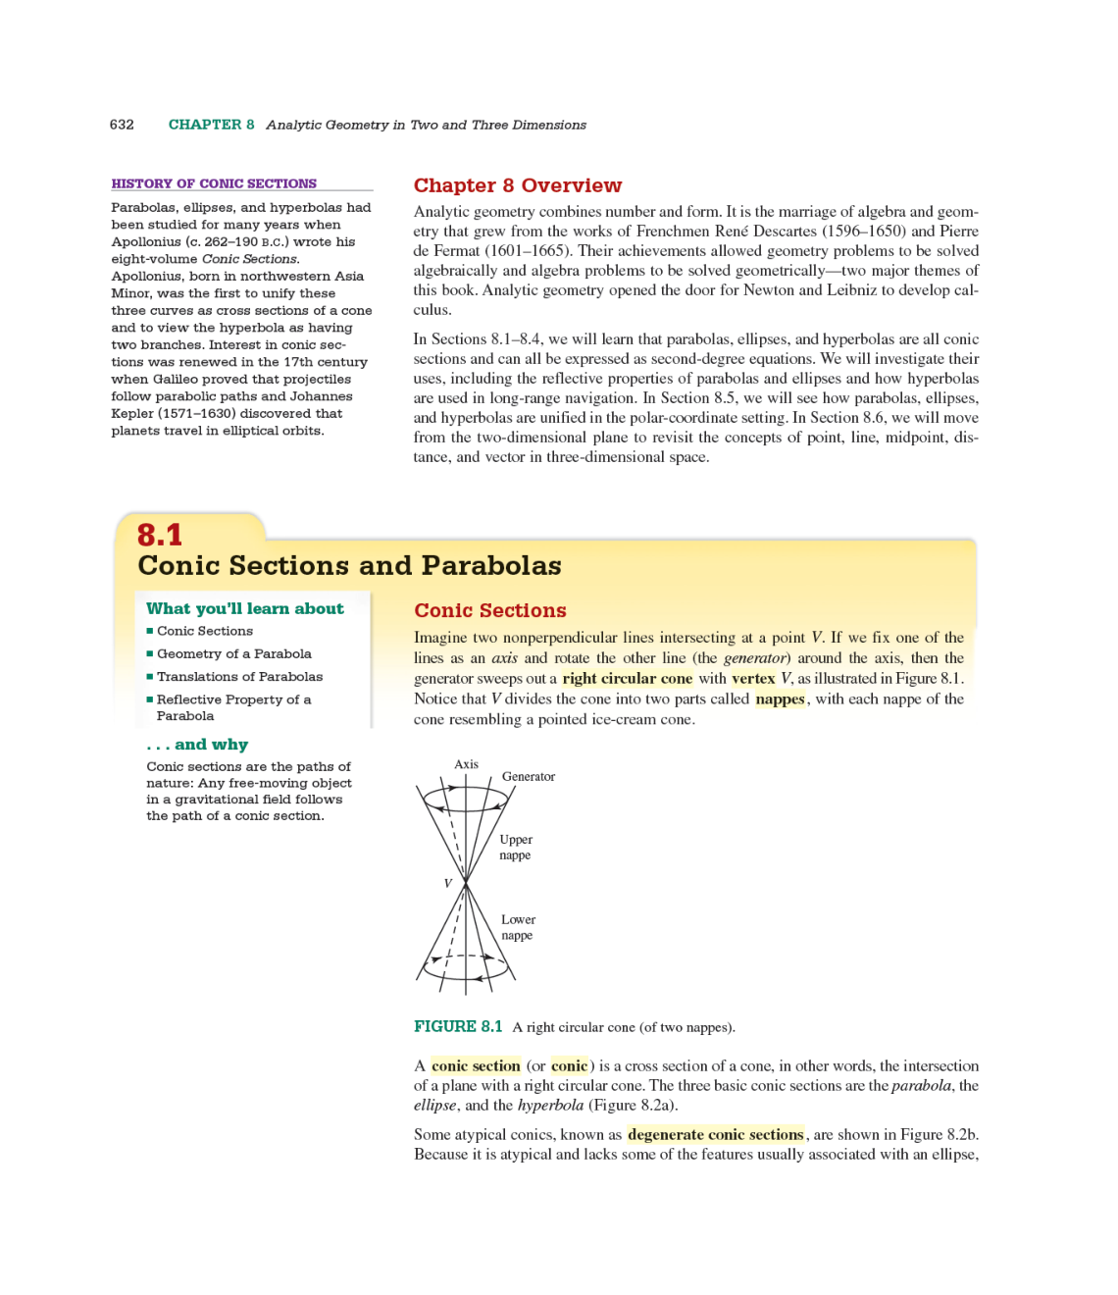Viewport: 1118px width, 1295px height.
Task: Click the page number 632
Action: tap(122, 125)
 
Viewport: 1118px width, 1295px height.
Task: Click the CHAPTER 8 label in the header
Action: tap(211, 125)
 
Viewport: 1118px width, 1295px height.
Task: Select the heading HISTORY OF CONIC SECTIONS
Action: tap(214, 183)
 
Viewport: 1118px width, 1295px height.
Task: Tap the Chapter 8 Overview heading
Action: tap(517, 185)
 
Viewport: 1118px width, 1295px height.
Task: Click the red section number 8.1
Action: tap(160, 535)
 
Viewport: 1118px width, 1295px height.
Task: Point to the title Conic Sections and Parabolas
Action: tap(349, 566)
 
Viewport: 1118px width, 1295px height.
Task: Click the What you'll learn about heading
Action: tap(245, 608)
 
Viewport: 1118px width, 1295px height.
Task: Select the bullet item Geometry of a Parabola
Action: tap(233, 653)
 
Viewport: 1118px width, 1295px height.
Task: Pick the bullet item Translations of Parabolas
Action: tap(239, 676)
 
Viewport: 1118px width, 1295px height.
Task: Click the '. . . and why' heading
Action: tap(197, 745)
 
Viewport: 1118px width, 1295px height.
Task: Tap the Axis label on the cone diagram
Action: tap(466, 764)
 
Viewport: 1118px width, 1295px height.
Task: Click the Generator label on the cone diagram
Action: tap(528, 776)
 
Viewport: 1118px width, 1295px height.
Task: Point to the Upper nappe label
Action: tap(515, 847)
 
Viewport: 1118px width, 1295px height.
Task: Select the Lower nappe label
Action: tap(518, 927)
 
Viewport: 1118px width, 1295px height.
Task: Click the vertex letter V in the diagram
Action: tap(448, 883)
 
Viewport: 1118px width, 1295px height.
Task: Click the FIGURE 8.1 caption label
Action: tap(458, 1026)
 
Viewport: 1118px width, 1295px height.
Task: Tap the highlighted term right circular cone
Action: tap(627, 678)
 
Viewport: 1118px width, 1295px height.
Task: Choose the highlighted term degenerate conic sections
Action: tap(715, 1134)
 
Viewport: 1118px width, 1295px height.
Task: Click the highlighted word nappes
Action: tap(780, 699)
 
